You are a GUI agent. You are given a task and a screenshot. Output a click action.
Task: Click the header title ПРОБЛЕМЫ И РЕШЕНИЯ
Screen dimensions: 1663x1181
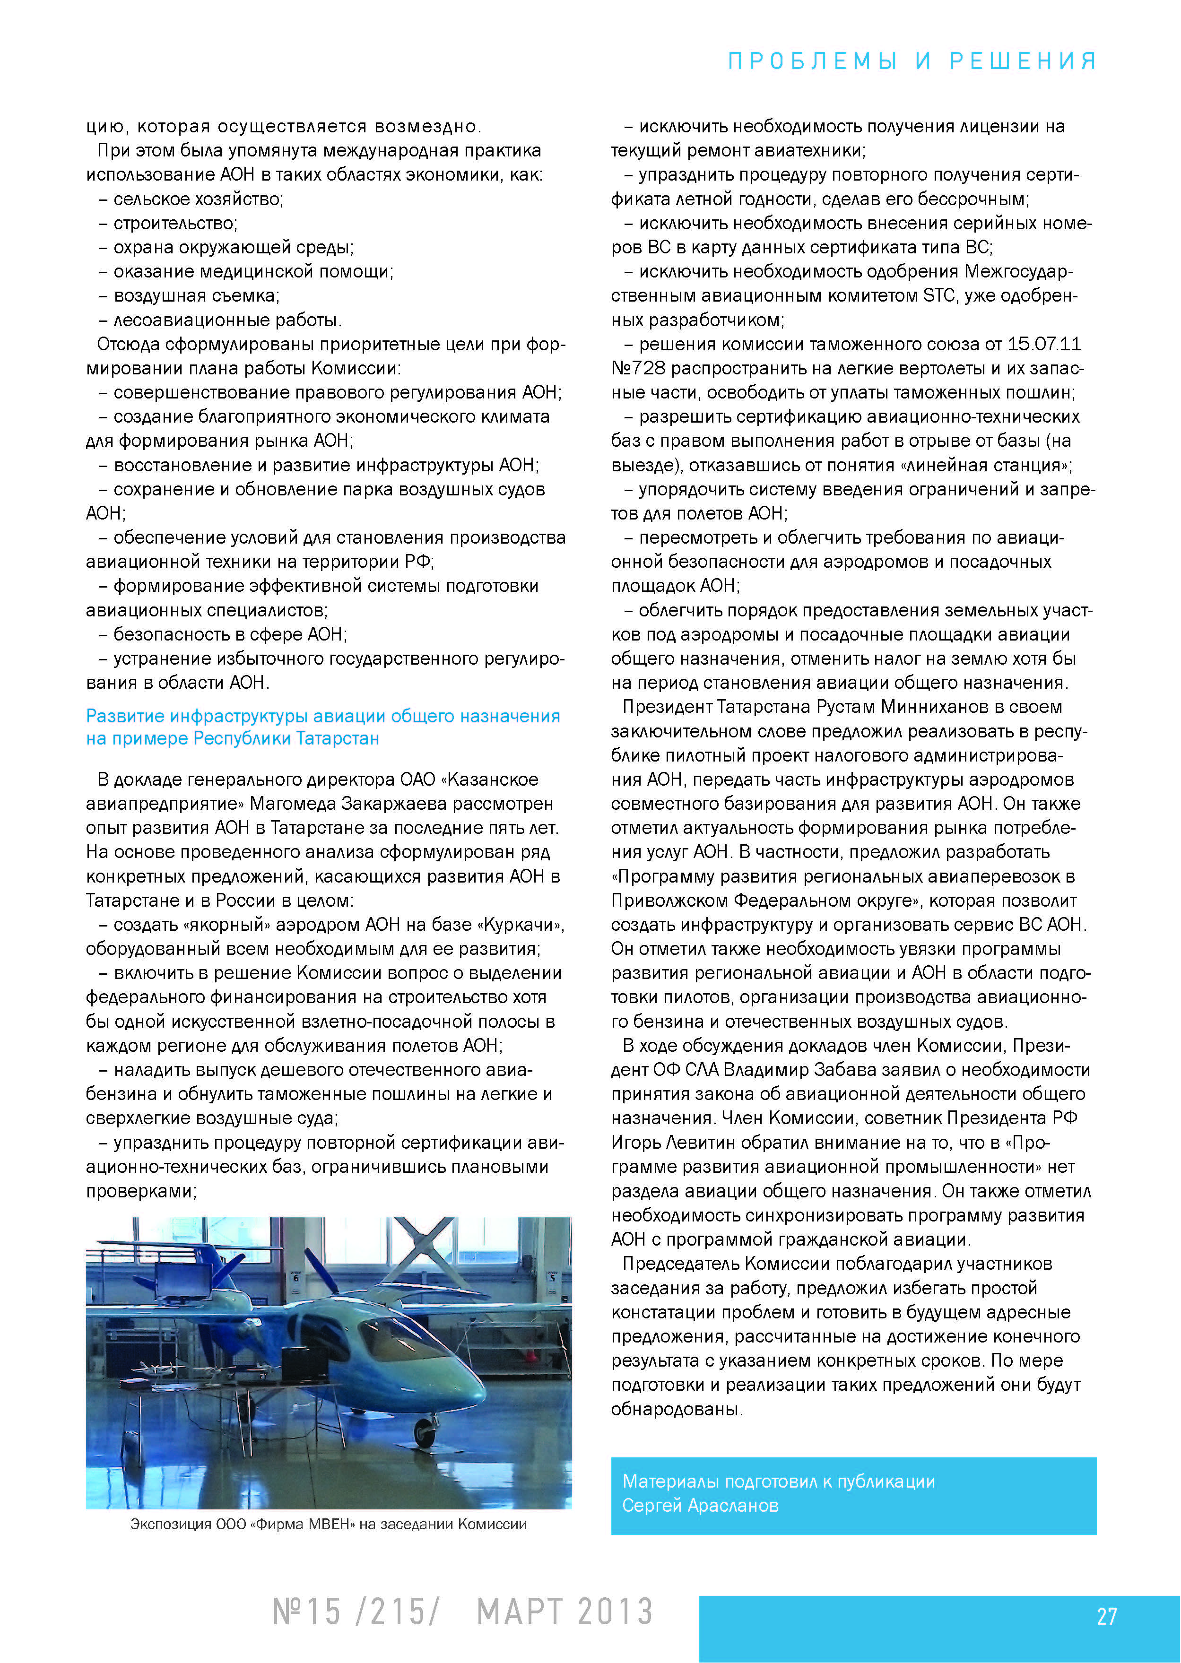pyautogui.click(x=912, y=61)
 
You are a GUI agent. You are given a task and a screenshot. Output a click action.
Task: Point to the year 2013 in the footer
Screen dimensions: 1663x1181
pyautogui.click(x=615, y=1612)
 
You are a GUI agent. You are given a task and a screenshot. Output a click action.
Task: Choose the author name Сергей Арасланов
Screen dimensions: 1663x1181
pyautogui.click(x=700, y=1505)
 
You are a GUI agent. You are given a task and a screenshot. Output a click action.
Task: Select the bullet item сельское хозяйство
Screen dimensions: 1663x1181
pyautogui.click(x=198, y=199)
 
